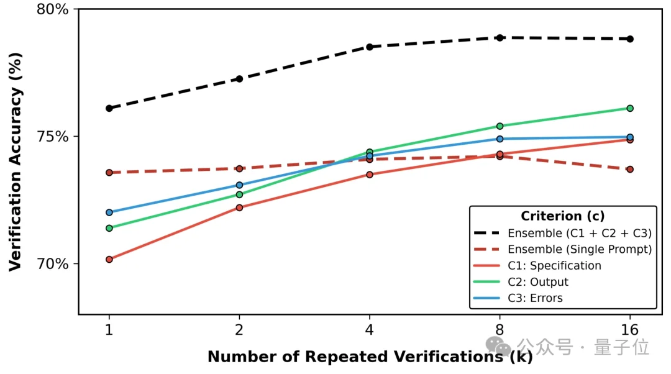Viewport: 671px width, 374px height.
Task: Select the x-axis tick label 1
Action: point(109,330)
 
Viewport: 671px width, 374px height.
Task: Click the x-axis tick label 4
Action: point(370,330)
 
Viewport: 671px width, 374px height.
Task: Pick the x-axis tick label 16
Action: point(629,330)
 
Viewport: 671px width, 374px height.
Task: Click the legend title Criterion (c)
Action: point(562,216)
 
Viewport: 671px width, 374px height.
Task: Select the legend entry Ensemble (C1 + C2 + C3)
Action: point(579,233)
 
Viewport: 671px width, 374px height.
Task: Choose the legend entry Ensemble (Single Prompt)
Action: point(579,249)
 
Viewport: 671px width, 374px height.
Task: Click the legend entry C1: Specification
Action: point(554,265)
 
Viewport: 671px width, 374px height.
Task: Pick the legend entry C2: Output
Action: point(538,281)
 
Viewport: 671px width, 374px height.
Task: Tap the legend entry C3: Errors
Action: point(535,298)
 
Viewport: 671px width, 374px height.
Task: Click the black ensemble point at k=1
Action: point(109,108)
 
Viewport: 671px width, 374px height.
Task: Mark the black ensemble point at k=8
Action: point(500,38)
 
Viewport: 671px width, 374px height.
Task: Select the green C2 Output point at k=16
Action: point(629,108)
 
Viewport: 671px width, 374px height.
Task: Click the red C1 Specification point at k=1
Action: point(109,259)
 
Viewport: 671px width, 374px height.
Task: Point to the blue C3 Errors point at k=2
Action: point(239,185)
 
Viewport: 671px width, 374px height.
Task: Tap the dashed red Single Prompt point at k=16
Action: point(629,169)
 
